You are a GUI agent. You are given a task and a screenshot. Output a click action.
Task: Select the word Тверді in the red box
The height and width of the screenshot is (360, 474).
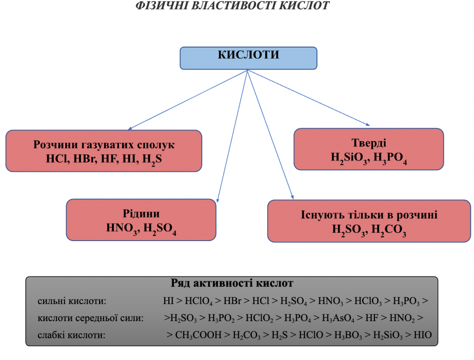pyautogui.click(x=369, y=143)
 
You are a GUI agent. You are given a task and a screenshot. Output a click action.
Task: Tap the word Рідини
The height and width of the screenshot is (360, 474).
pyautogui.click(x=141, y=214)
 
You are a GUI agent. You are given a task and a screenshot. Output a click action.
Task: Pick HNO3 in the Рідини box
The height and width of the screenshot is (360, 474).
pyautogui.click(x=122, y=228)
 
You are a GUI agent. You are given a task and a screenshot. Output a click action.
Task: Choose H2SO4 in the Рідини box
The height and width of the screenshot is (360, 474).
pyautogui.click(x=160, y=228)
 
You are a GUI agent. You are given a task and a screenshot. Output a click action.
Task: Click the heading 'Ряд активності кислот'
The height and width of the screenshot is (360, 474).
pyautogui.click(x=232, y=283)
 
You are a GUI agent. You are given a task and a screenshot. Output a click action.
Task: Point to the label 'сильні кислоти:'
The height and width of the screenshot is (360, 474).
pyautogui.click(x=72, y=301)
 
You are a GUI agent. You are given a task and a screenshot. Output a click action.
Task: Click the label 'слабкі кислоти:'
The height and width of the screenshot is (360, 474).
pyautogui.click(x=72, y=335)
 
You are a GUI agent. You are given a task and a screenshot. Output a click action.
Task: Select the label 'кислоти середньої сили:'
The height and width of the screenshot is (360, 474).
pyautogui.click(x=90, y=318)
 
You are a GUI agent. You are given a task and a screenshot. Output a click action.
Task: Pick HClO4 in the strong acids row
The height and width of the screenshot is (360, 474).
pyautogui.click(x=199, y=301)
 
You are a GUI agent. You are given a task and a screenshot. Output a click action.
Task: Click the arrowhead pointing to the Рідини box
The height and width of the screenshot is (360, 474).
pyautogui.click(x=218, y=200)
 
